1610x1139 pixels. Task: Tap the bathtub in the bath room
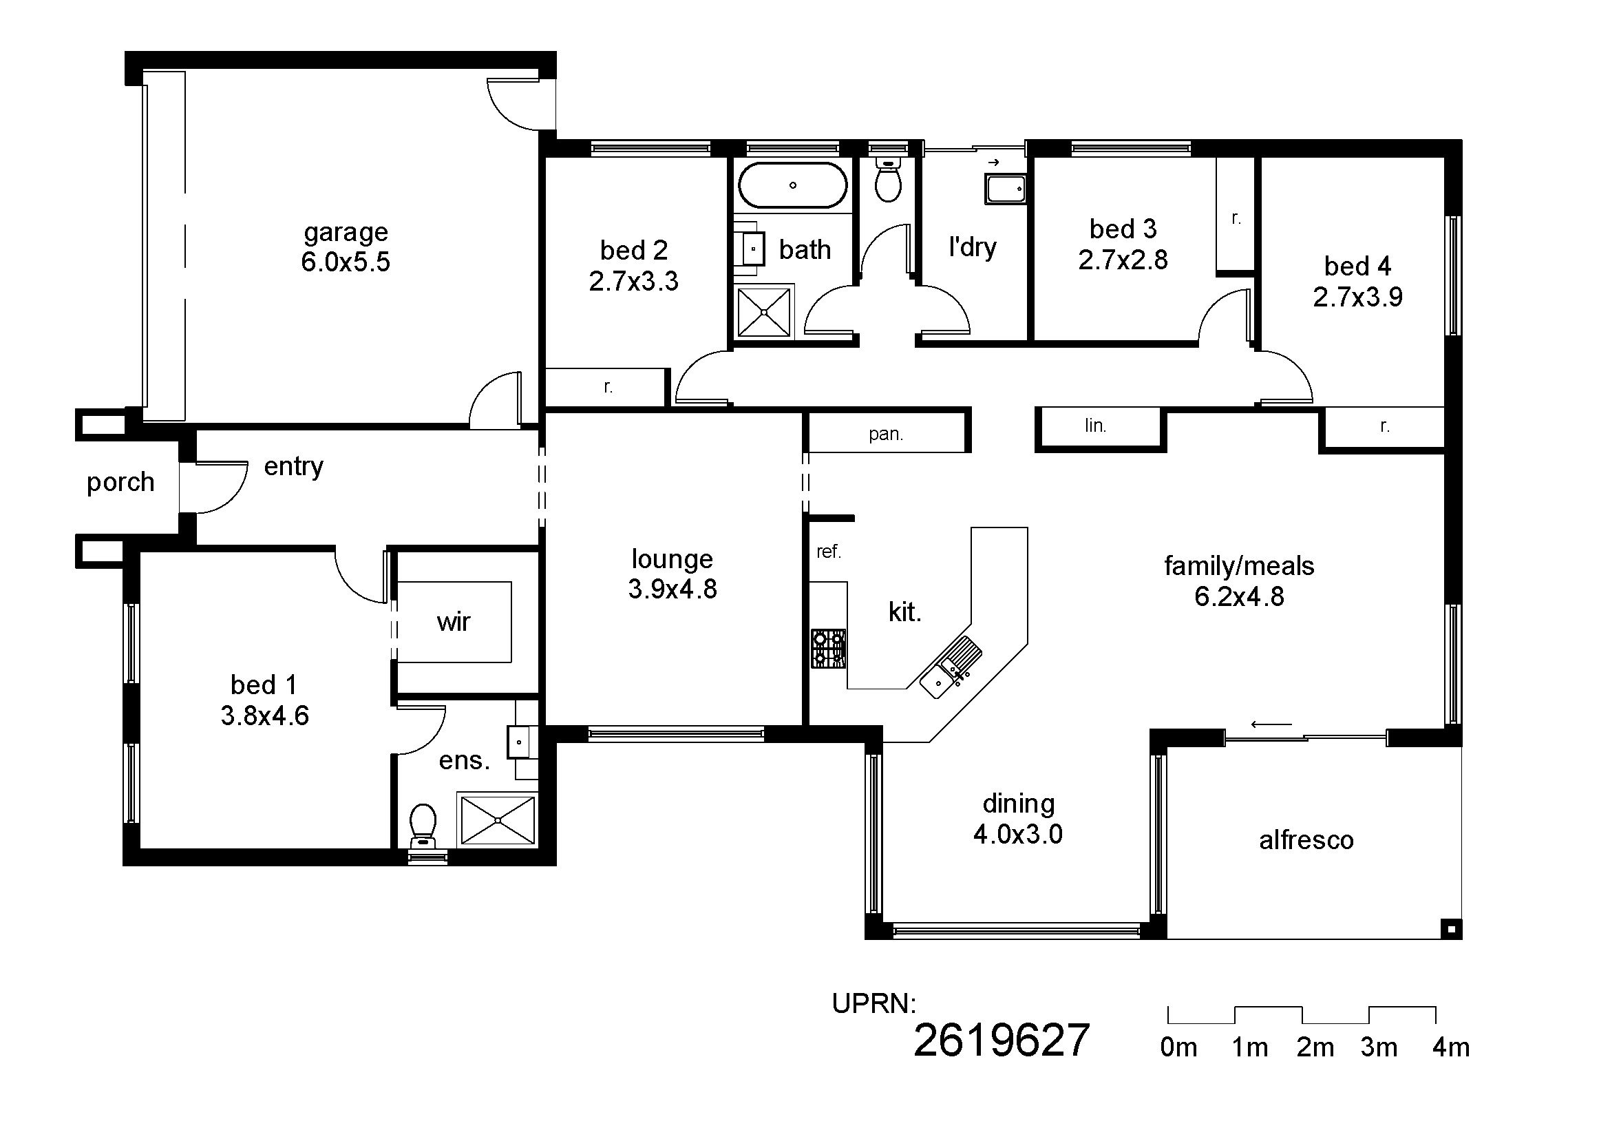[792, 185]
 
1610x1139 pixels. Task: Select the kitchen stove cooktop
[829, 648]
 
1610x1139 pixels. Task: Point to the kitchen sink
[950, 668]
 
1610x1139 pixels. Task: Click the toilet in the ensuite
[423, 827]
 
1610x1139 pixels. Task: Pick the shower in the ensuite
[497, 819]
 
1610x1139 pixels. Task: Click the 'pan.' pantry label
[886, 434]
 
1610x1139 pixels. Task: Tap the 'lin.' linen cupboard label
[1095, 425]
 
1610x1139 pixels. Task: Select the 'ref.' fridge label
[828, 552]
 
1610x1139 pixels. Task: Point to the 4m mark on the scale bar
[1451, 1047]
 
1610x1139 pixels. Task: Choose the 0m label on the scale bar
[1178, 1047]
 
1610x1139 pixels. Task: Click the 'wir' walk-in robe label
[453, 622]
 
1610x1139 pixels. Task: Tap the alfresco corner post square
[1451, 929]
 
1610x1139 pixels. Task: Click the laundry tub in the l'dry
[1006, 189]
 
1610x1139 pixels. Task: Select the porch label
[120, 483]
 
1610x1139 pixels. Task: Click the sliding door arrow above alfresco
[1271, 724]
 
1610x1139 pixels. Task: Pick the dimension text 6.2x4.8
[1239, 596]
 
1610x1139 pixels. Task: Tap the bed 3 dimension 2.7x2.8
[1123, 260]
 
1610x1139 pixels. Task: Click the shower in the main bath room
[764, 311]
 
